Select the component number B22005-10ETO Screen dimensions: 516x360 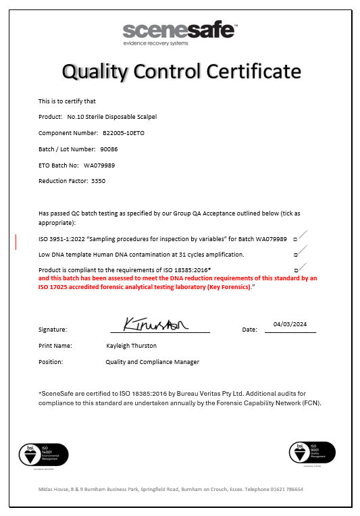tap(124, 132)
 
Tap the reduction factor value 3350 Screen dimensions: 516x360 tap(99, 181)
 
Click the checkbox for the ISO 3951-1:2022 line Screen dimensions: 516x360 tap(296, 239)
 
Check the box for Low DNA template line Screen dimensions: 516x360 tap(296, 255)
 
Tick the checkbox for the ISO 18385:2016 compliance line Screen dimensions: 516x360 tap(296, 271)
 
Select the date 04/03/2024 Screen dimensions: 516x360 tap(290, 324)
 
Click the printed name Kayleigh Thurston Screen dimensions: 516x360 tap(131, 345)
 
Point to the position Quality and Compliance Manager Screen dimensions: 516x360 tap(152, 361)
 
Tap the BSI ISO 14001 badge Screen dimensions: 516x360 tap(43, 454)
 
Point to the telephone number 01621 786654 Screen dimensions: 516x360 tap(286, 489)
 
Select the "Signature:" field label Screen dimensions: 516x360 tap(53, 330)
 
